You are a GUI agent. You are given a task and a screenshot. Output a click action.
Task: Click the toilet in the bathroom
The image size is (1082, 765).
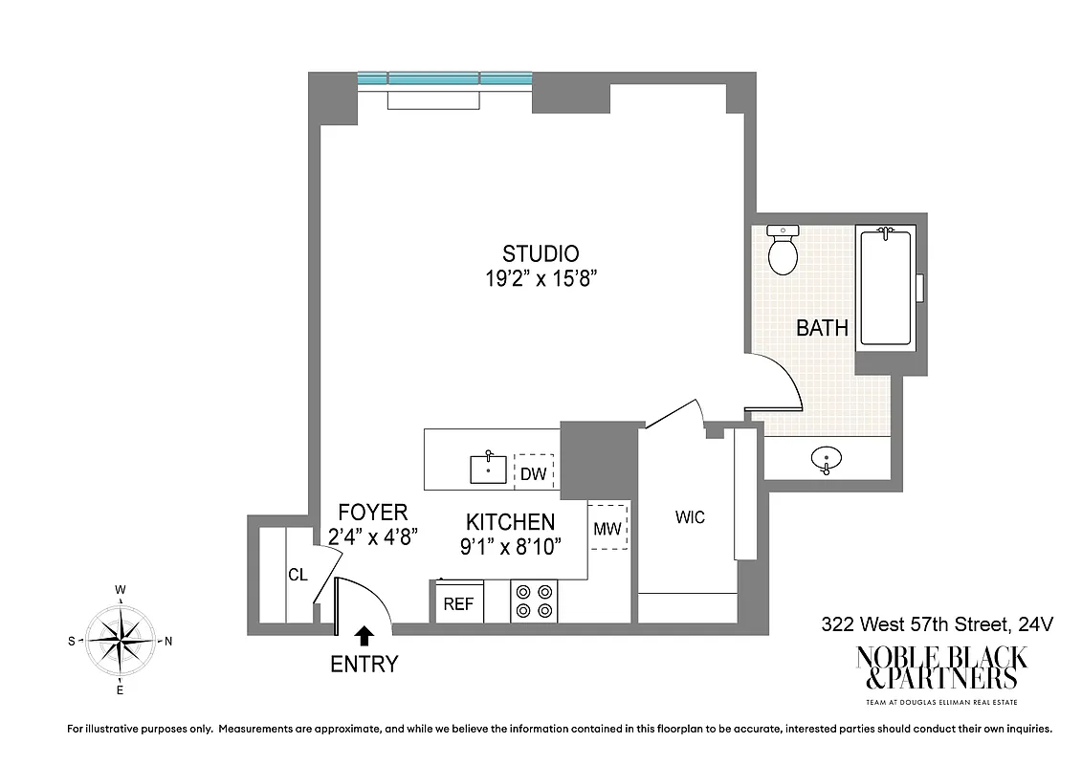pyautogui.click(x=784, y=251)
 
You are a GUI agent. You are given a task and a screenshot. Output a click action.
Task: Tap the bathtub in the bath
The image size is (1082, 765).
pyautogui.click(x=886, y=286)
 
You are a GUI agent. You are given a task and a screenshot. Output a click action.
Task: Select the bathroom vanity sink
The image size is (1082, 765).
pyautogui.click(x=826, y=460)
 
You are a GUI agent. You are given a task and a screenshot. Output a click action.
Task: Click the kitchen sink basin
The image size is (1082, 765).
pyautogui.click(x=489, y=469)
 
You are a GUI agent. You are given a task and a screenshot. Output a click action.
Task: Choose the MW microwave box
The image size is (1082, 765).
pyautogui.click(x=607, y=527)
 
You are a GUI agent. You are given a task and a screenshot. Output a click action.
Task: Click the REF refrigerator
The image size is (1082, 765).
pyautogui.click(x=458, y=603)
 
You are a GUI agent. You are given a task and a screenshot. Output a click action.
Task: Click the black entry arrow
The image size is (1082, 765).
pyautogui.click(x=364, y=636)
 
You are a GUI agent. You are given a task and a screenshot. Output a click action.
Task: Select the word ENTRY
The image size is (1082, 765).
pyautogui.click(x=364, y=664)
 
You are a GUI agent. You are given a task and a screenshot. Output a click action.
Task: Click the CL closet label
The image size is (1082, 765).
pyautogui.click(x=298, y=575)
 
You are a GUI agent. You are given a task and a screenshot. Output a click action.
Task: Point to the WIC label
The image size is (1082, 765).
pyautogui.click(x=690, y=517)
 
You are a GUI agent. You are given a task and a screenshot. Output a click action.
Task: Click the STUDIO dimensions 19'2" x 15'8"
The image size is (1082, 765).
pyautogui.click(x=541, y=278)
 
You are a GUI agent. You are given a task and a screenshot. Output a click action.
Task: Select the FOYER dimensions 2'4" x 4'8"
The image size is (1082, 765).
pyautogui.click(x=372, y=536)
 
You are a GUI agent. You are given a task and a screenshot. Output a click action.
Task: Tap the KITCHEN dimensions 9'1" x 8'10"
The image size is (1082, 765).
pyautogui.click(x=510, y=546)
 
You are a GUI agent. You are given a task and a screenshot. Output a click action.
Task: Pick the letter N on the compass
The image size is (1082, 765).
pyautogui.click(x=168, y=642)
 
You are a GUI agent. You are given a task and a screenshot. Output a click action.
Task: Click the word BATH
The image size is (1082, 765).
pyautogui.click(x=822, y=328)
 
